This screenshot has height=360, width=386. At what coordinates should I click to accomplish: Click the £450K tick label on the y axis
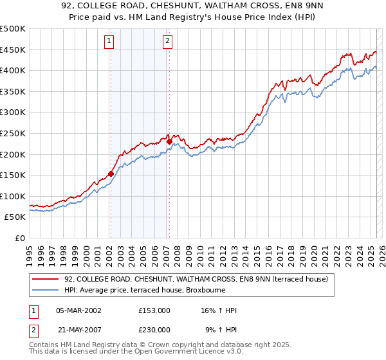(13, 50)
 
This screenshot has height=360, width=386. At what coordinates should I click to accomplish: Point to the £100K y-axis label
(13, 196)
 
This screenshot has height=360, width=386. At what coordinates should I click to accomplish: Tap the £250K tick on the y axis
(13, 133)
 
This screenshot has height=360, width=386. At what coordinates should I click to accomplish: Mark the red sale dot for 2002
(111, 174)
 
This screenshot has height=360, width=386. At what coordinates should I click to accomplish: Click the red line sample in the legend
(44, 279)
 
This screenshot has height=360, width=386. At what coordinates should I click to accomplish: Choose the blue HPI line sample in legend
(44, 290)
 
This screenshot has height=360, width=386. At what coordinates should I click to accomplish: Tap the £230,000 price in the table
(154, 329)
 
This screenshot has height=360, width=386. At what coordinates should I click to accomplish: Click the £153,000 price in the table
(154, 311)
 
